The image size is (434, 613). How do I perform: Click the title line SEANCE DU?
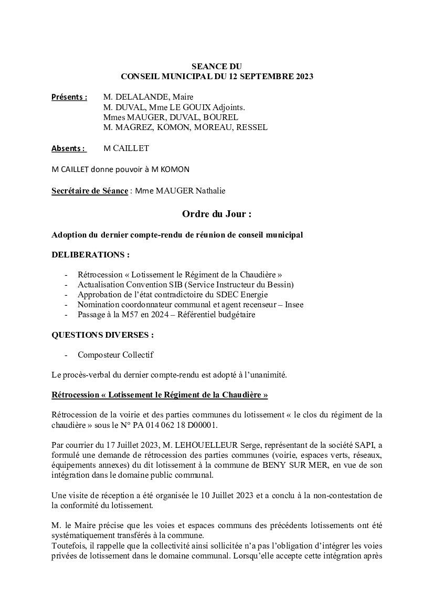click(217, 67)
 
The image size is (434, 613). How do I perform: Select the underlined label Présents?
click(69, 97)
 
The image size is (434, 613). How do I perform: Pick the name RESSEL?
click(251, 127)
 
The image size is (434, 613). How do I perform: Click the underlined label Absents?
click(68, 148)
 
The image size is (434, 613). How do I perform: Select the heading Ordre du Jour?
click(216, 214)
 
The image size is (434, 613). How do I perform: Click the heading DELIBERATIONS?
click(90, 255)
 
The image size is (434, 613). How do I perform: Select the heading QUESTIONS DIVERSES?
click(102, 335)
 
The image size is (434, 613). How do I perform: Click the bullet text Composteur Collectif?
click(115, 355)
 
